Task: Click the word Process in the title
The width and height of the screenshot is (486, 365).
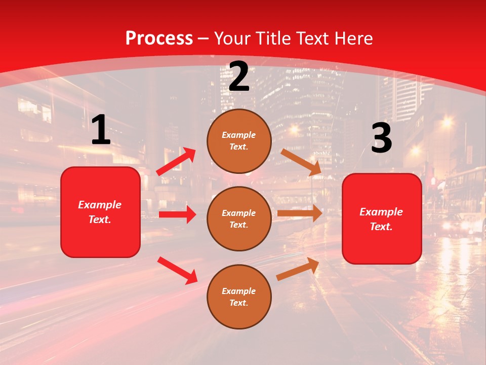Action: [x=159, y=39]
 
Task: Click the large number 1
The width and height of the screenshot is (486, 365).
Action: [x=101, y=130]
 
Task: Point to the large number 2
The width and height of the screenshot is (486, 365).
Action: [x=239, y=77]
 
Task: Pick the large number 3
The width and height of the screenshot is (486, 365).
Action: [x=381, y=138]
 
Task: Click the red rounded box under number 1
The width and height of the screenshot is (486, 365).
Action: [x=100, y=212]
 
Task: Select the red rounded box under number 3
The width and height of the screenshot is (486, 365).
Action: [x=382, y=219]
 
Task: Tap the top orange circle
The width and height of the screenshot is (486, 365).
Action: [x=239, y=141]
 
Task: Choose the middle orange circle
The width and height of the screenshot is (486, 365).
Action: [x=239, y=218]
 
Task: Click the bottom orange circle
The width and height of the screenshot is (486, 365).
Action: [x=239, y=297]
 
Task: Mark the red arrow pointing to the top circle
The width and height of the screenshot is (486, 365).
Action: [x=176, y=161]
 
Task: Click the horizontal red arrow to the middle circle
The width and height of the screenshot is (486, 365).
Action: [x=177, y=214]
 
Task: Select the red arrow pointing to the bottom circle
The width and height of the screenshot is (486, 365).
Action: [x=177, y=270]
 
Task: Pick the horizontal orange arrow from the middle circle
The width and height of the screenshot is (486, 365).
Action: [x=300, y=213]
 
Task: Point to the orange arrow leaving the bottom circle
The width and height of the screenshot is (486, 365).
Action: [x=298, y=269]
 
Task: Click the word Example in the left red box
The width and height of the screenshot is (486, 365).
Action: [x=100, y=205]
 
